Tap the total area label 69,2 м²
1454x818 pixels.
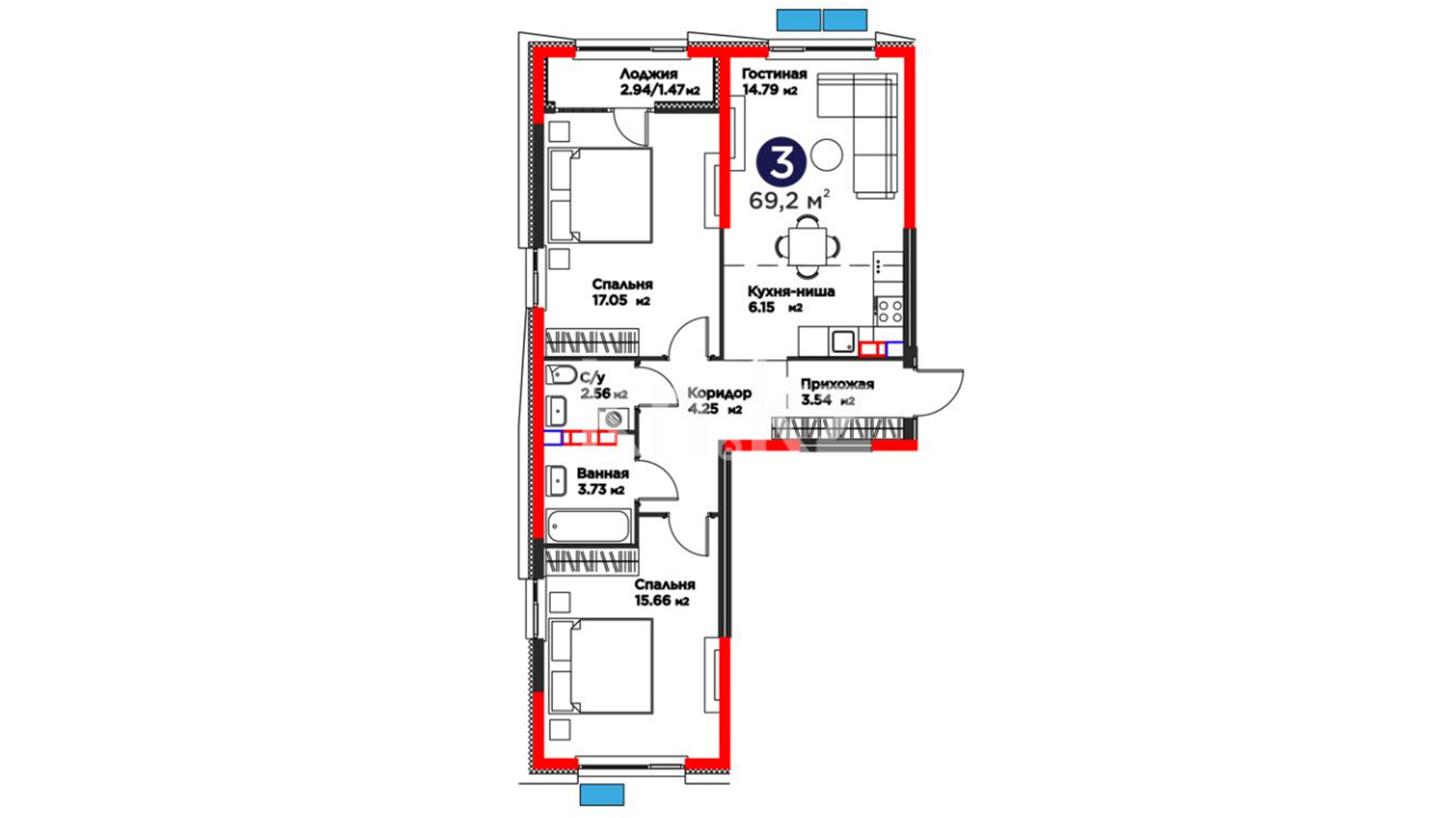tap(789, 201)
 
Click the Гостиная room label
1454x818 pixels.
tap(774, 74)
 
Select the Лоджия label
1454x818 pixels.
tap(648, 74)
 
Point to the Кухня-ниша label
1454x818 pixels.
tap(791, 292)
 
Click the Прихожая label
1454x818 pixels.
tap(838, 384)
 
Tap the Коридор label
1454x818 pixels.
tap(719, 393)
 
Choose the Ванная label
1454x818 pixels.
tap(603, 473)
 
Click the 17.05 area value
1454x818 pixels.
tap(610, 301)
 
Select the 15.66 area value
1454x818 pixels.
tap(653, 601)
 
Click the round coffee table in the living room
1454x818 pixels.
tap(826, 155)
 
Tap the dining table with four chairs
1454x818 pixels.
tap(808, 246)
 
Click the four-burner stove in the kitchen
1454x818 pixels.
tap(890, 311)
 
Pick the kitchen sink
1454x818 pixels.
tap(843, 342)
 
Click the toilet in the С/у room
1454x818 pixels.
tap(560, 374)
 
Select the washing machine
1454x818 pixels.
tap(613, 419)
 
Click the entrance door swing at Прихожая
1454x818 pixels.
tap(939, 392)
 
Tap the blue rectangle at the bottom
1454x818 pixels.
tap(602, 795)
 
